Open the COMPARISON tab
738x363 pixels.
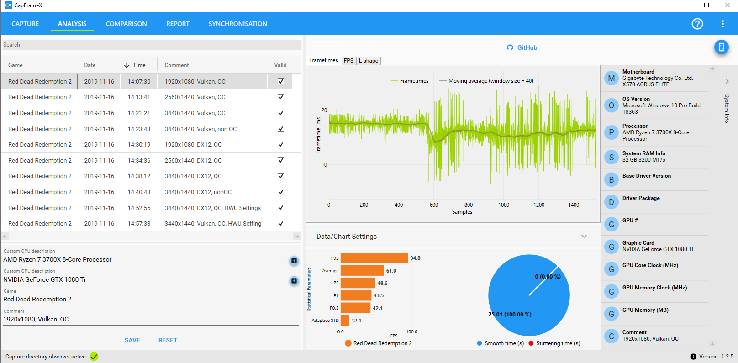(x=126, y=24)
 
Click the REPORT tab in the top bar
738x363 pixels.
(x=178, y=24)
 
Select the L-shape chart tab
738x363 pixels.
(x=368, y=61)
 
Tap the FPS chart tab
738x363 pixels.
(x=348, y=61)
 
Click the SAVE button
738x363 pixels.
(x=132, y=340)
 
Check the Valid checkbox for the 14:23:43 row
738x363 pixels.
(x=281, y=129)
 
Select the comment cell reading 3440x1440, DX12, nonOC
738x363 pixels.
(x=198, y=192)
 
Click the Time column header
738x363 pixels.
(x=139, y=65)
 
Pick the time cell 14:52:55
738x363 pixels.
(x=139, y=208)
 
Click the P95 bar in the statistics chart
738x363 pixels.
(x=374, y=258)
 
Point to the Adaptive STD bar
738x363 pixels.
(x=345, y=321)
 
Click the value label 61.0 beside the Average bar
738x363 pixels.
(x=391, y=271)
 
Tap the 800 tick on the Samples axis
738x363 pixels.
(x=469, y=205)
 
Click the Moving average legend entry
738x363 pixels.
(x=486, y=81)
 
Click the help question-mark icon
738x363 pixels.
(x=697, y=24)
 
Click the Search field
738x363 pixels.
(x=152, y=45)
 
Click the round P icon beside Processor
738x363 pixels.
(x=611, y=132)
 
